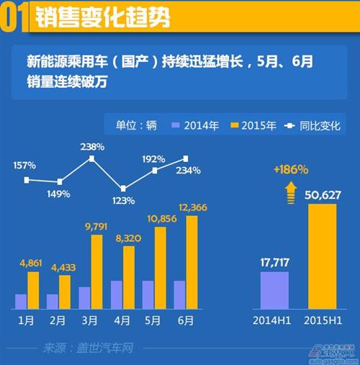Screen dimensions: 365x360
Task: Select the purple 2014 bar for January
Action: [21, 301]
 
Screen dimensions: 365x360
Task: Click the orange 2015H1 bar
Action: [321, 256]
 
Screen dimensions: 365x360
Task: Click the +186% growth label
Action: [291, 170]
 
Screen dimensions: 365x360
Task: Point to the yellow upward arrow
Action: [291, 188]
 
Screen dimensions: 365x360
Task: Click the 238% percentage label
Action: [93, 146]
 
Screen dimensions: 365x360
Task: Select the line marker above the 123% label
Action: [123, 188]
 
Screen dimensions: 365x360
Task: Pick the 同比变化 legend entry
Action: [320, 125]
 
